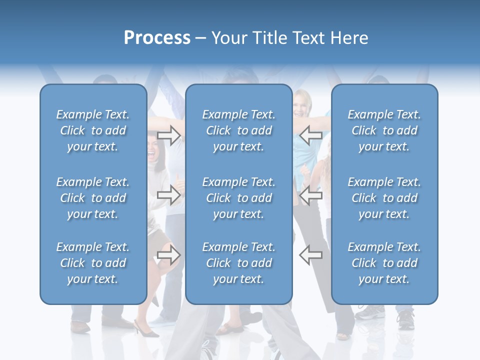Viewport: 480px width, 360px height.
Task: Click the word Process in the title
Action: pyautogui.click(x=157, y=38)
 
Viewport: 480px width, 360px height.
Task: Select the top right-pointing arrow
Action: pyautogui.click(x=169, y=135)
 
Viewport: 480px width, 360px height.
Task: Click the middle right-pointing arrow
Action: pyautogui.click(x=169, y=195)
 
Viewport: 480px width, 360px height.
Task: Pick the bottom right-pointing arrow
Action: pyautogui.click(x=169, y=255)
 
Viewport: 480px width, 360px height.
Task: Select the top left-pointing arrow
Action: pyautogui.click(x=310, y=135)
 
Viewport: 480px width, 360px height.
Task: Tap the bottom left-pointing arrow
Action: pyautogui.click(x=310, y=255)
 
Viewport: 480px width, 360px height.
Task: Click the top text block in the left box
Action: pyautogui.click(x=93, y=130)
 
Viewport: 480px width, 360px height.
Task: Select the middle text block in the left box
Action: pyautogui.click(x=93, y=198)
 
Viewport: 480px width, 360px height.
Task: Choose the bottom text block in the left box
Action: pyautogui.click(x=93, y=263)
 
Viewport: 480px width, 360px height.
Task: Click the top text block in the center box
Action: pyautogui.click(x=239, y=130)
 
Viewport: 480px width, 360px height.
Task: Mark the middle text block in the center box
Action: pyautogui.click(x=239, y=198)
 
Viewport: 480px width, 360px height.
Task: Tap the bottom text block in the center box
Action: pyautogui.click(x=239, y=263)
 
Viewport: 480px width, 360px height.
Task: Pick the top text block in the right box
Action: pyautogui.click(x=384, y=130)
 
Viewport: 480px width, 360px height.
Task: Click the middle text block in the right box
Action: pyautogui.click(x=384, y=198)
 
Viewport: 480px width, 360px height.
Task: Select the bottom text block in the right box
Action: pyautogui.click(x=384, y=263)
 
